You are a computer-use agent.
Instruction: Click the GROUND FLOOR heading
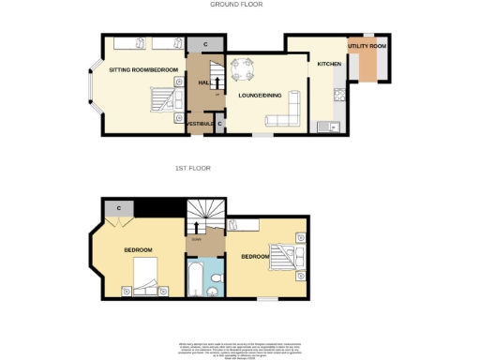click(236, 5)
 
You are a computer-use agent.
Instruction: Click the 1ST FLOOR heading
click(193, 168)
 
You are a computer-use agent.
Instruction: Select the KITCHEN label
click(329, 64)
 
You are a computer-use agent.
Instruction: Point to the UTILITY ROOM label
click(367, 45)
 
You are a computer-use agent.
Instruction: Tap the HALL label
click(203, 83)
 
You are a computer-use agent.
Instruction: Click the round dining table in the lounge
click(244, 67)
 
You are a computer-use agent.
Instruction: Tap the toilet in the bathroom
click(215, 291)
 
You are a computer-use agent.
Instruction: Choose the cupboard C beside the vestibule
click(219, 124)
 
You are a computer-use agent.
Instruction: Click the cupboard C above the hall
click(205, 44)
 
